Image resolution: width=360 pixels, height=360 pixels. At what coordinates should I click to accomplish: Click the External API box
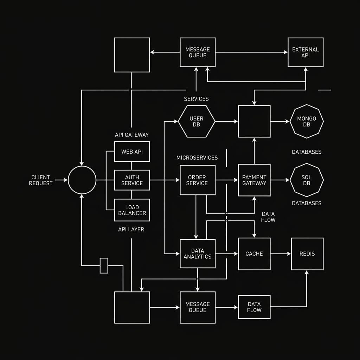(x=306, y=52)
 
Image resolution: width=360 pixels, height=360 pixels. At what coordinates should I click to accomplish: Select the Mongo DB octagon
(x=307, y=121)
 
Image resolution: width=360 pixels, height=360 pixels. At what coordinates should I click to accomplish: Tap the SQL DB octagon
(x=307, y=180)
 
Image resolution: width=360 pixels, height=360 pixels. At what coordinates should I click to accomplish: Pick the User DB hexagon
(x=197, y=121)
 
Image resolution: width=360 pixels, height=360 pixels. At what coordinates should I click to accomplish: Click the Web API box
(x=132, y=152)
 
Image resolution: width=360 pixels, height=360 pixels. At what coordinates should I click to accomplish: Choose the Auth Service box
(x=132, y=180)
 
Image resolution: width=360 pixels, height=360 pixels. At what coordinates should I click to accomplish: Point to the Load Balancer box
(x=132, y=210)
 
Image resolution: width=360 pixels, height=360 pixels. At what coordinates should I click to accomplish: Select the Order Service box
(x=198, y=180)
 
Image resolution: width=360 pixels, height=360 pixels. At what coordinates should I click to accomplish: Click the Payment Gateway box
(x=254, y=180)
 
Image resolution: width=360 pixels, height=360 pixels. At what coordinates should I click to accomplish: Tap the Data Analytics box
(x=198, y=254)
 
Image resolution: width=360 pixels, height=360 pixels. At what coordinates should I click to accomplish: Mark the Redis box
(x=307, y=254)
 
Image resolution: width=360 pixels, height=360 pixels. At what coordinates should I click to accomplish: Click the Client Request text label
(x=41, y=180)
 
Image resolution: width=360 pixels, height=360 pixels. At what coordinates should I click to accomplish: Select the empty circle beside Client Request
(x=82, y=180)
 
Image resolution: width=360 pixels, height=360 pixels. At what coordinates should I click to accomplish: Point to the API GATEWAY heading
(x=132, y=135)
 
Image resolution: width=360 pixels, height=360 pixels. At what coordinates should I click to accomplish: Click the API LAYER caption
(x=131, y=229)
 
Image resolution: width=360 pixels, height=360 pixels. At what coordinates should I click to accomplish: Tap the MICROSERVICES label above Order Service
(x=197, y=157)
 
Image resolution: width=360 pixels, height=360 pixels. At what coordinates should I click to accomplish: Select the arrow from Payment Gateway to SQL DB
(x=280, y=180)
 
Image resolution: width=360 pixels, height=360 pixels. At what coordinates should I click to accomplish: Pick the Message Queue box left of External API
(x=198, y=52)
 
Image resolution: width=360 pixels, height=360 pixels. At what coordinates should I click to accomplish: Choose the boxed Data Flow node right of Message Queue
(x=254, y=307)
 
